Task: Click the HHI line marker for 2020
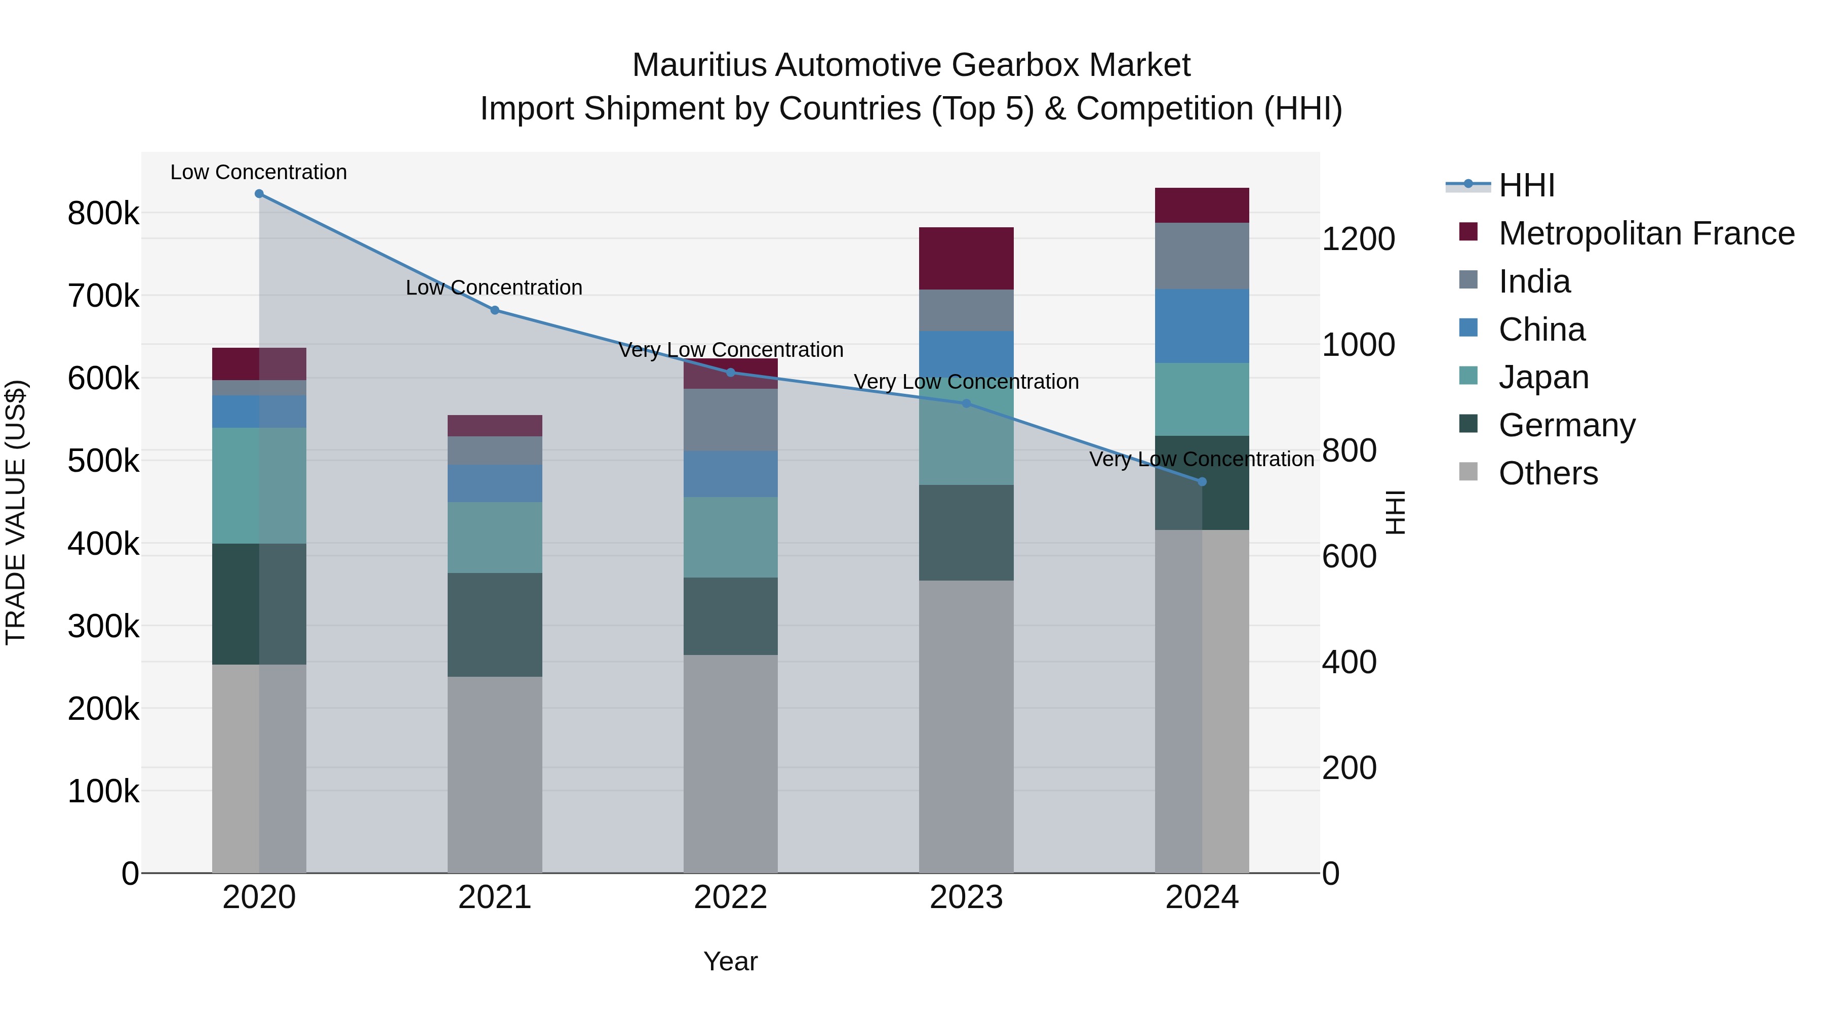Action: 259,194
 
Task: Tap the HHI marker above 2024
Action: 1202,482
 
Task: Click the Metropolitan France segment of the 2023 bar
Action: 966,258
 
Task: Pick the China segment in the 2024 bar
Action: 1202,326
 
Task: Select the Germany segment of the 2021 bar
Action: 495,625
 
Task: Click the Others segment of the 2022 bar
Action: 730,764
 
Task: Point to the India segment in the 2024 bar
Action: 1202,256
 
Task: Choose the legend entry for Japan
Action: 1543,377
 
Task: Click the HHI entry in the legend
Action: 1526,185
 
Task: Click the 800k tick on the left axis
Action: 103,214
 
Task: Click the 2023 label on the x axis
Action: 966,897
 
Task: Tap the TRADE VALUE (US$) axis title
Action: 16,512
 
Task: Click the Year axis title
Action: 730,961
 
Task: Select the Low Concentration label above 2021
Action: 494,288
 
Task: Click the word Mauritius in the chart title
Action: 699,65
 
